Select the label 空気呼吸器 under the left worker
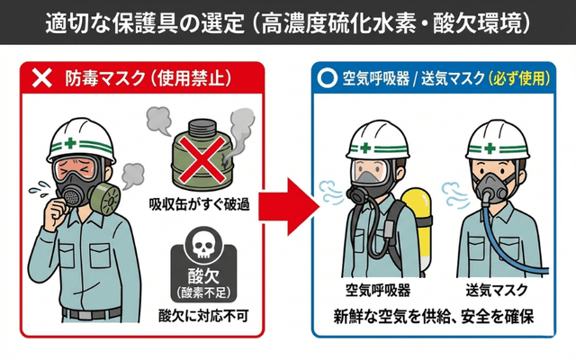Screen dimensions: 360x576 [x=378, y=291]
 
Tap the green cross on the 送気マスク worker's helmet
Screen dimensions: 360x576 [x=489, y=146]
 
